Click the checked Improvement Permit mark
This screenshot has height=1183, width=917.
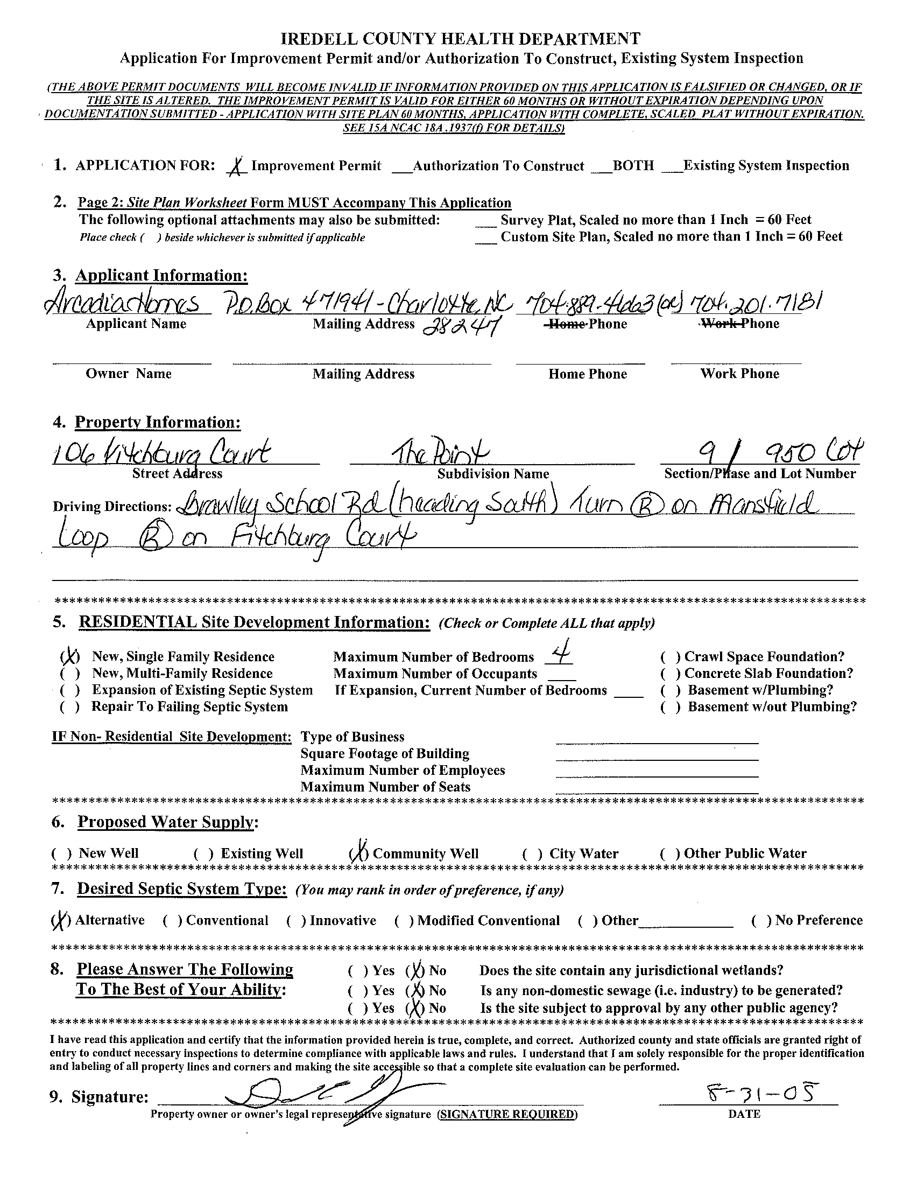236,166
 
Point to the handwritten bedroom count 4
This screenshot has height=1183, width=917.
559,656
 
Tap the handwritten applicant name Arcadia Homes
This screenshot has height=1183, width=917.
128,304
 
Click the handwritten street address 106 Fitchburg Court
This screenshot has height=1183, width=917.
163,454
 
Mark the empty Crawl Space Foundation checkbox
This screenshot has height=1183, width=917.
671,657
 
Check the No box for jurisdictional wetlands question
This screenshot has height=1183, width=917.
416,971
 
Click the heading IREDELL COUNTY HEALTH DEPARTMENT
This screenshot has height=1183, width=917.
461,39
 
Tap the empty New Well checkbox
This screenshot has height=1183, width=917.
61,854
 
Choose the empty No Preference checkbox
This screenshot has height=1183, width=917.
761,921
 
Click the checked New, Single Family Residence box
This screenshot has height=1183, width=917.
70,657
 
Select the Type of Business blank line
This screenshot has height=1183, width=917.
657,739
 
